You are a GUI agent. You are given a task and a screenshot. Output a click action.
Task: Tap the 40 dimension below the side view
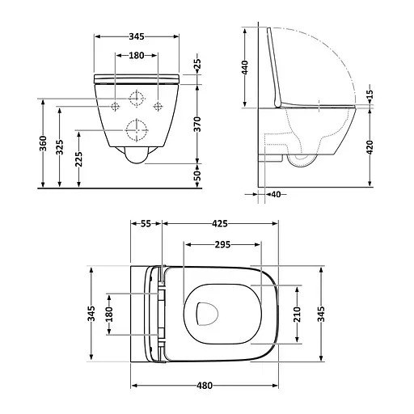coord(277,195)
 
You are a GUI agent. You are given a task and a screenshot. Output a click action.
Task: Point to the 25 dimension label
coord(197,65)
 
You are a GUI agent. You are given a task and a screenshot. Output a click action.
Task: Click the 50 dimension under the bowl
coord(197,175)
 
